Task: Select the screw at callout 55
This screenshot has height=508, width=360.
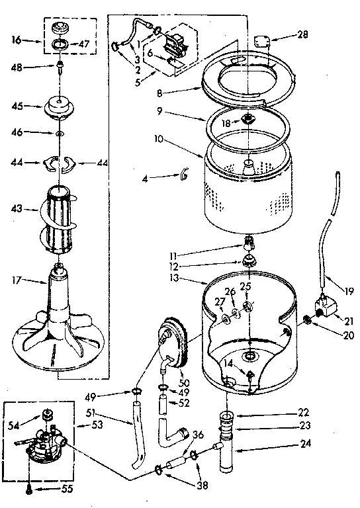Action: (x=30, y=489)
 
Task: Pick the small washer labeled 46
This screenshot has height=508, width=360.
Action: (x=60, y=134)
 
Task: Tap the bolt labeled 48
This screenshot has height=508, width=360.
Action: (x=60, y=67)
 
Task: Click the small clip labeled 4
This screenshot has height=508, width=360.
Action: (x=183, y=175)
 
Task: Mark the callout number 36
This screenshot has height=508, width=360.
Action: (x=197, y=435)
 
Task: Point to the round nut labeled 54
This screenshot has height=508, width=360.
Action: (x=48, y=415)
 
